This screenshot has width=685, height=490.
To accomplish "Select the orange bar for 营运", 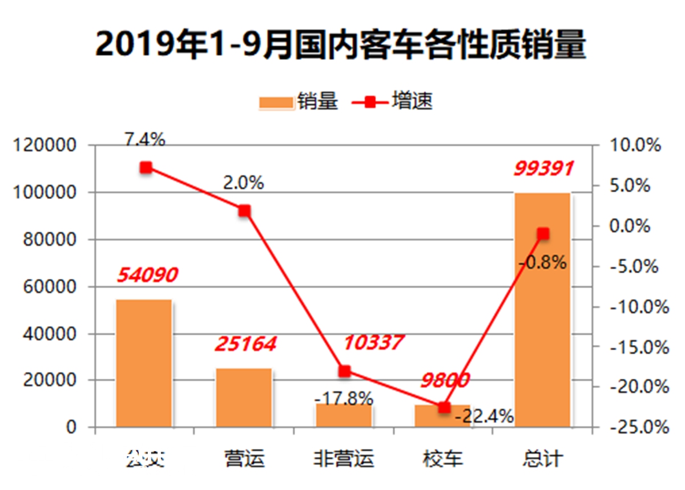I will point(244,397).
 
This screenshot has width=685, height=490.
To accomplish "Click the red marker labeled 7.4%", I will point(146,167).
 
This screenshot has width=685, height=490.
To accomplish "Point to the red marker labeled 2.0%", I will point(244,211).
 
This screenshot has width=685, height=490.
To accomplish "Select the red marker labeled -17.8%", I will point(344,371).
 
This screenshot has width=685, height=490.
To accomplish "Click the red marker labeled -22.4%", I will point(444,407).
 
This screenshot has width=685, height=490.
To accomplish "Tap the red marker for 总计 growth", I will point(543,234).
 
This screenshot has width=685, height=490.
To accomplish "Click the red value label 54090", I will point(148,275).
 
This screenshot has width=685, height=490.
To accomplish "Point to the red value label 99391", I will point(543,168).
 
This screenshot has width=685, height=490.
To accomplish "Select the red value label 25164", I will point(245,344).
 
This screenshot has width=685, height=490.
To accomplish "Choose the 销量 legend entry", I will point(299,102).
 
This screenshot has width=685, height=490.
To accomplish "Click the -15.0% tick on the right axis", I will point(638,347).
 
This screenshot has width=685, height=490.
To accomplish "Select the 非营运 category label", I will point(344,459).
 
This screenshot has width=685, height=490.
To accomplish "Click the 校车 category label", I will point(443,459).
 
